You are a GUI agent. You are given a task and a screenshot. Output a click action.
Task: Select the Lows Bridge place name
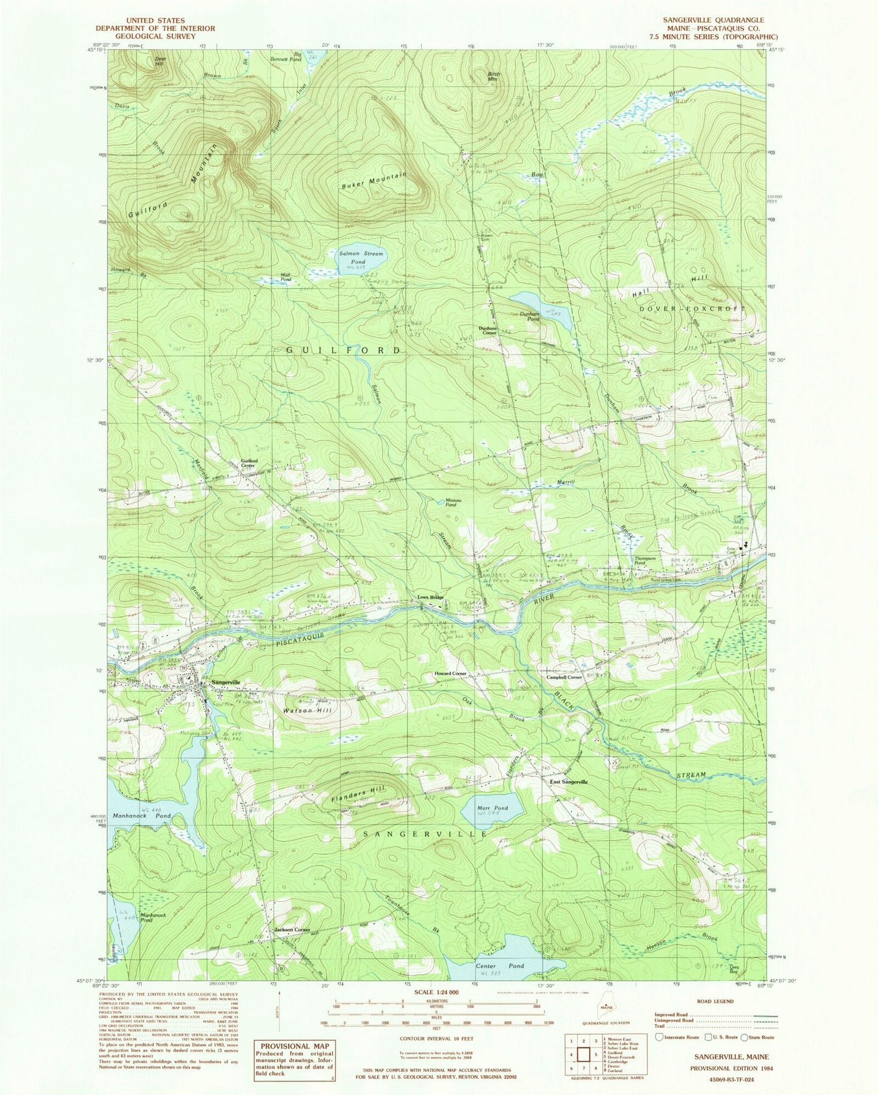430,598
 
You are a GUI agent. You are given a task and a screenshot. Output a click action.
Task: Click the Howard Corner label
450,674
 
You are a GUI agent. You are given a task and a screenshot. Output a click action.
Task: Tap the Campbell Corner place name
564,677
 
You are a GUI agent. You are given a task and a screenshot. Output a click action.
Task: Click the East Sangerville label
568,782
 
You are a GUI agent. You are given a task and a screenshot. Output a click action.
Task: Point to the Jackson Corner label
292,930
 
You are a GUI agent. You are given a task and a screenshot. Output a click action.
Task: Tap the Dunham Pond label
530,317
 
